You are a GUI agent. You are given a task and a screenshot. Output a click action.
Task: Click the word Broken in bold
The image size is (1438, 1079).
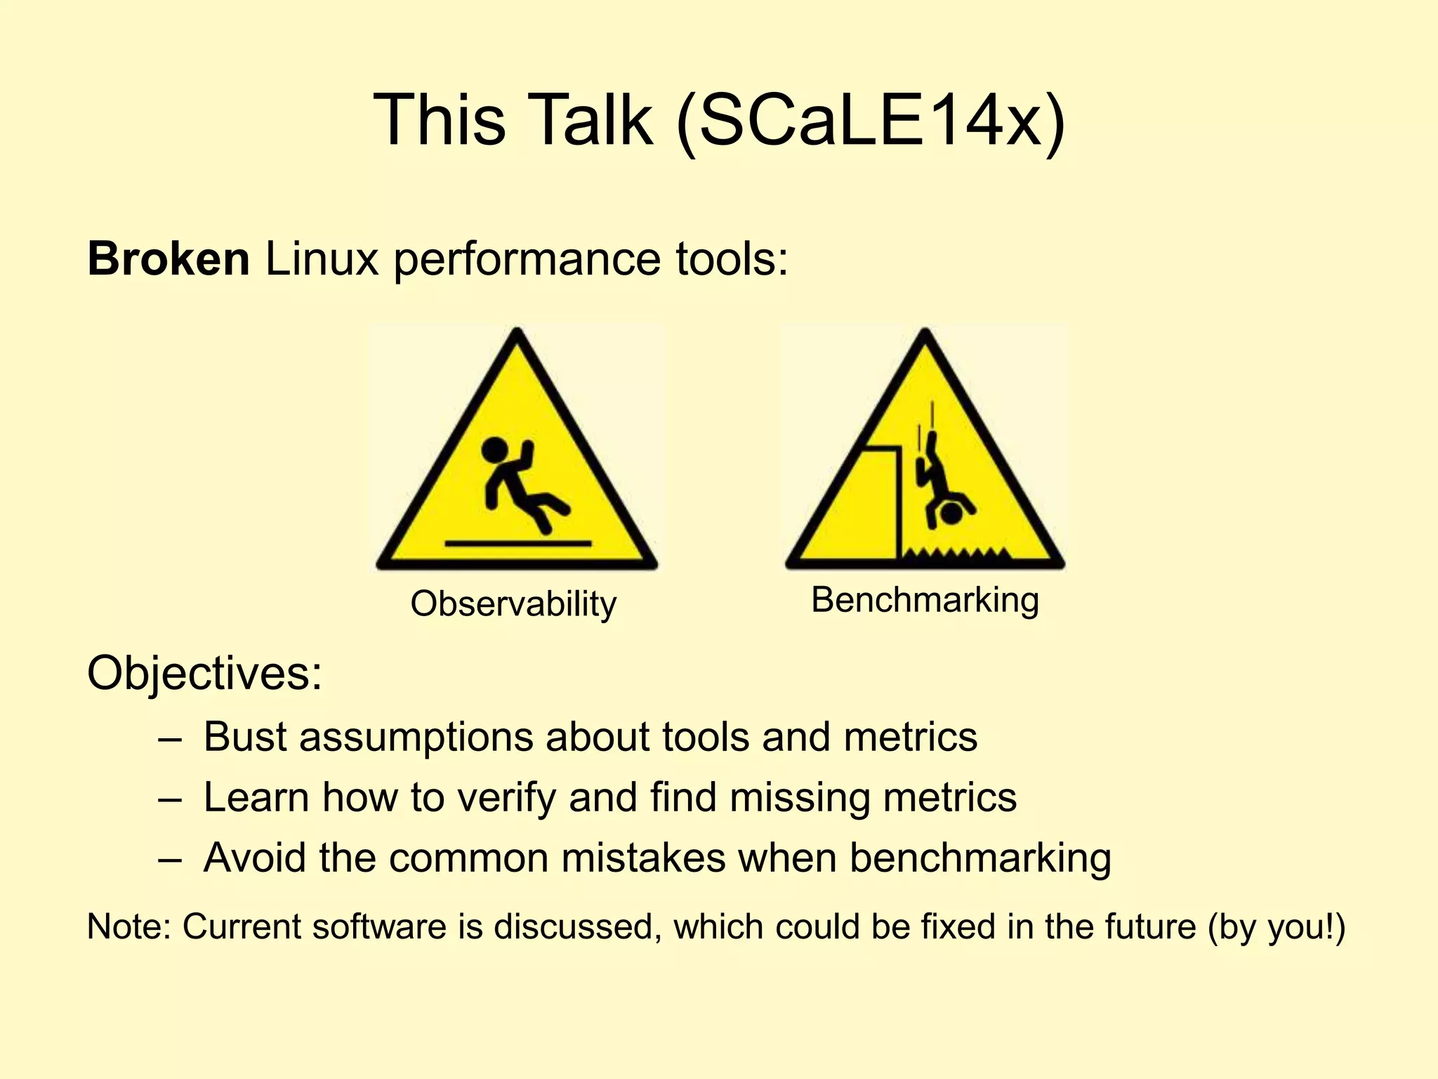click(x=169, y=259)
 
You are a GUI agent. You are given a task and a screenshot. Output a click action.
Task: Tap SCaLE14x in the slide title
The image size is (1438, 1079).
click(x=871, y=121)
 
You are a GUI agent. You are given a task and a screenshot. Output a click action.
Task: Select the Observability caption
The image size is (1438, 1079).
click(x=513, y=604)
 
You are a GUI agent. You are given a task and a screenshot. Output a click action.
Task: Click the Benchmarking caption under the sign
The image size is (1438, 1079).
click(x=925, y=601)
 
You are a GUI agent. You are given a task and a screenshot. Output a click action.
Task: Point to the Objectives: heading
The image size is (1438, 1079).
click(x=204, y=673)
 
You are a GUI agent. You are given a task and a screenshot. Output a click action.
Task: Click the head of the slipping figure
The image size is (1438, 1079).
click(x=494, y=450)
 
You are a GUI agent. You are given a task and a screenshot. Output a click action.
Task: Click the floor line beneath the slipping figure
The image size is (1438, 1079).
click(x=517, y=543)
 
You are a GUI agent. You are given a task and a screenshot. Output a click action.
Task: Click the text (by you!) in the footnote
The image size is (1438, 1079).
click(x=1277, y=927)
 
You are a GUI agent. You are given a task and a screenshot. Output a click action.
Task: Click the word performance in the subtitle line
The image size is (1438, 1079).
click(x=527, y=259)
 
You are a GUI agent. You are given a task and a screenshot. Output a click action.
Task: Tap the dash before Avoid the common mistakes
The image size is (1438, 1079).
click(x=170, y=859)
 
